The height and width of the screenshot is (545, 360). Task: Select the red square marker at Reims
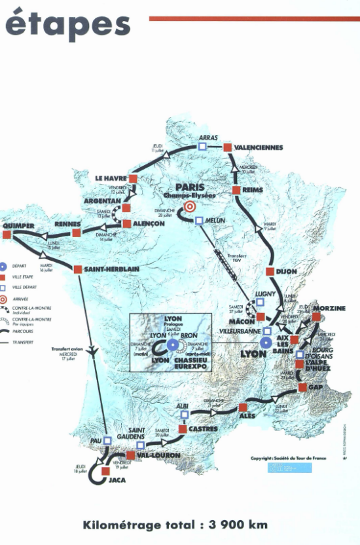tap(237, 191)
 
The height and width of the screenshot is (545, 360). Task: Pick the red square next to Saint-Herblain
tap(78, 269)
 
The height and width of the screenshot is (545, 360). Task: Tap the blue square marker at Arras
tap(202, 147)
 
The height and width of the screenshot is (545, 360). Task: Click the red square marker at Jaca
tap(105, 470)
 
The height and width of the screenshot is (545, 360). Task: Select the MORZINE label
tap(329, 309)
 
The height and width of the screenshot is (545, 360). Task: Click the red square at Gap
tap(302, 388)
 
